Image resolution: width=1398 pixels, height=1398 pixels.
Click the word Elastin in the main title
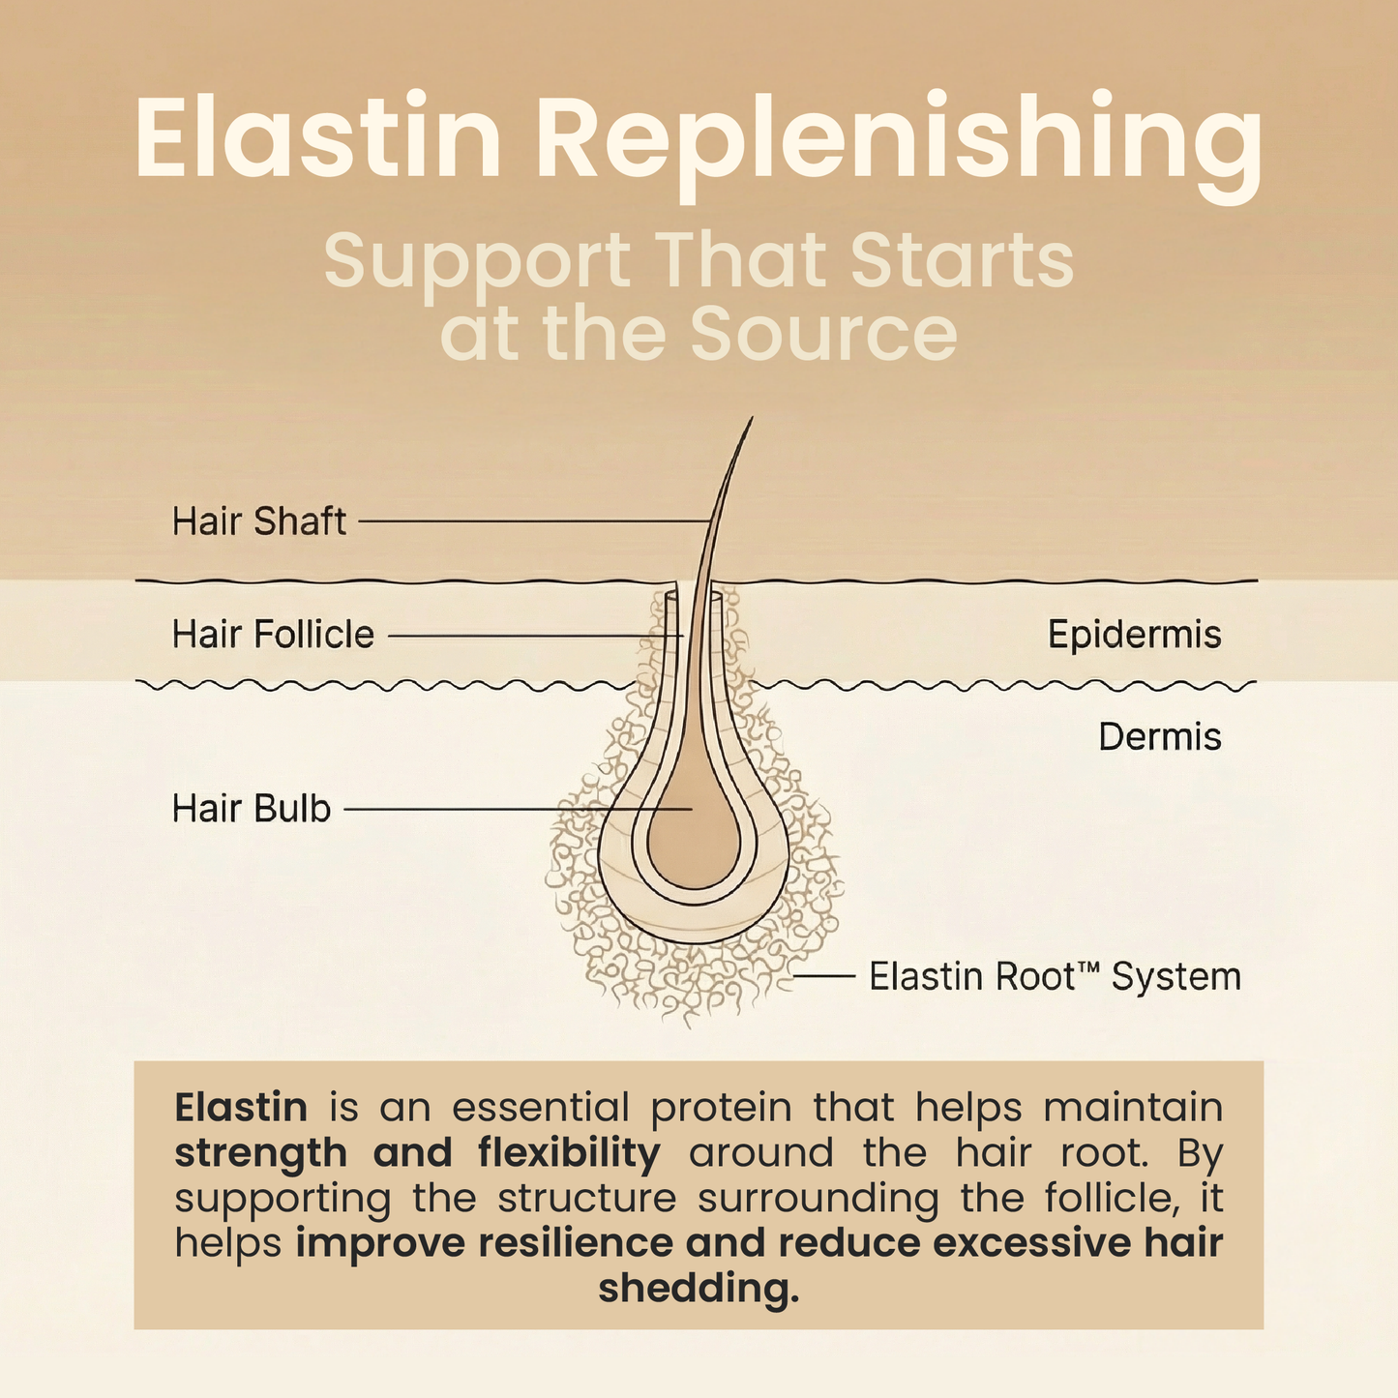click(318, 139)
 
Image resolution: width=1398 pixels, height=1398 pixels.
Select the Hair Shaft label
click(258, 521)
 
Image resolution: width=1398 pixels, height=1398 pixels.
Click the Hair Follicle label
click(273, 635)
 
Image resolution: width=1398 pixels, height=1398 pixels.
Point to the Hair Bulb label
click(252, 809)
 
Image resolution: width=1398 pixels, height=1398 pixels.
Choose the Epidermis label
click(1134, 635)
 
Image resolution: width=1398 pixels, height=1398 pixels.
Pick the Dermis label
click(1159, 737)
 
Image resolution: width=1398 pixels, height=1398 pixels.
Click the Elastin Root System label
click(1055, 977)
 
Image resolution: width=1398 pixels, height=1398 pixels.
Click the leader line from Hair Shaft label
click(532, 521)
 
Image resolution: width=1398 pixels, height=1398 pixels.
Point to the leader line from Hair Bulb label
click(513, 809)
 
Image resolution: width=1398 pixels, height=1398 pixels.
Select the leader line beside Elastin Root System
click(823, 977)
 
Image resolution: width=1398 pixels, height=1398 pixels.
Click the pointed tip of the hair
click(750, 420)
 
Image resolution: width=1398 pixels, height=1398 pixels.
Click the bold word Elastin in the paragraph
click(241, 1107)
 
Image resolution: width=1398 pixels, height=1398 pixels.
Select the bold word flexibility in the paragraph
click(569, 1152)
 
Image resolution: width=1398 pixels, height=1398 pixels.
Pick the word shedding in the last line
click(699, 1289)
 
